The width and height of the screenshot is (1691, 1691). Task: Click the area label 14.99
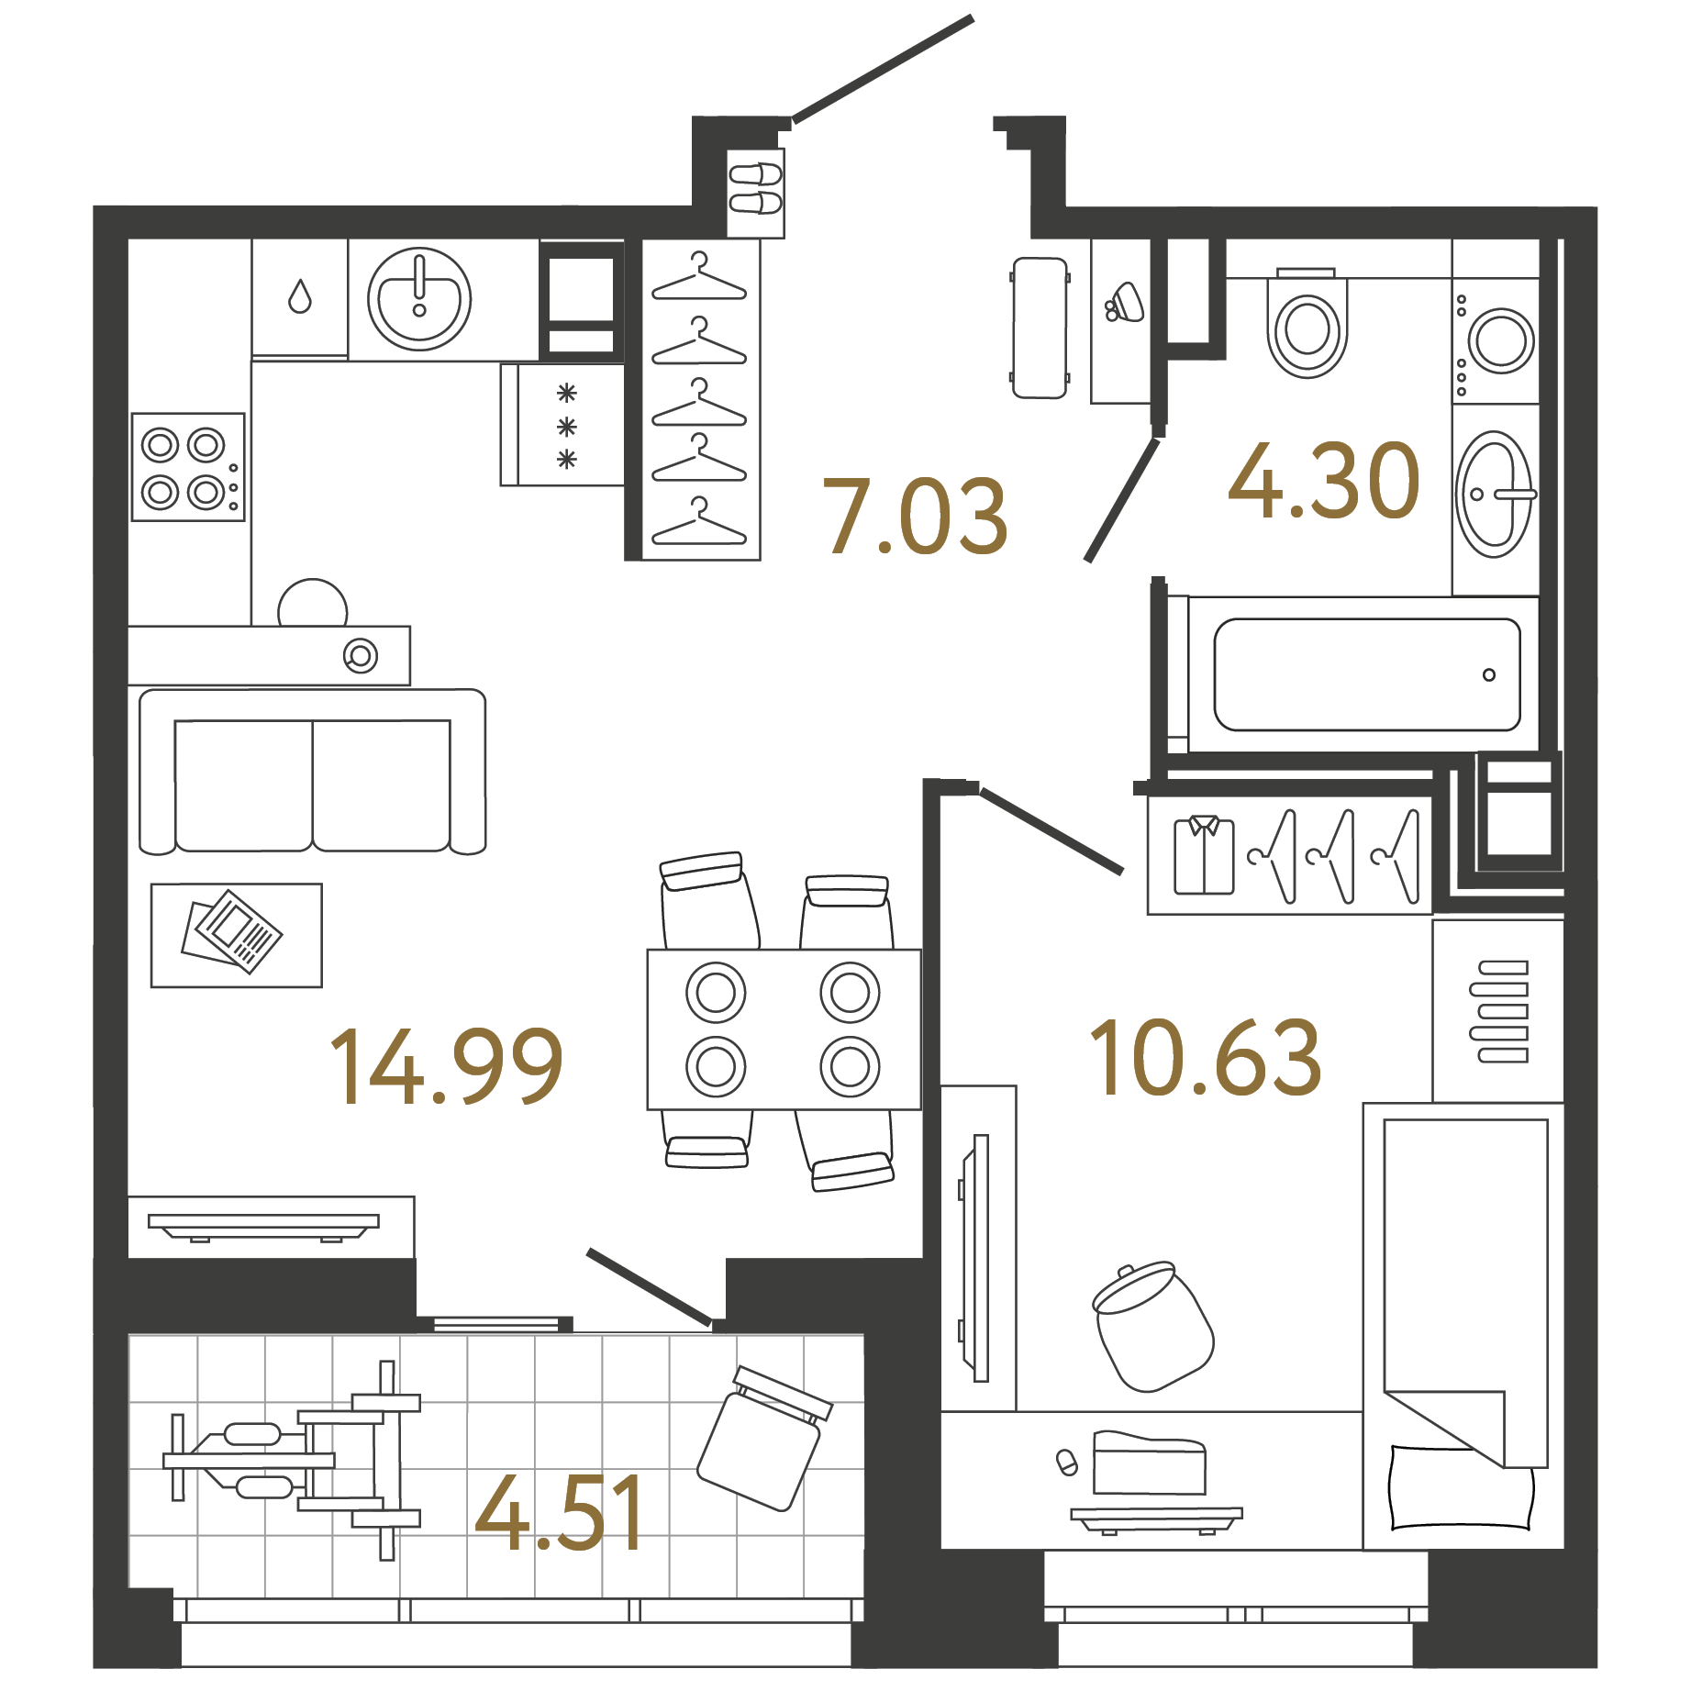(x=446, y=1066)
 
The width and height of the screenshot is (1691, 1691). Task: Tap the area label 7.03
(x=915, y=517)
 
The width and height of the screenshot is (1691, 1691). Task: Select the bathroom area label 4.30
(x=1324, y=481)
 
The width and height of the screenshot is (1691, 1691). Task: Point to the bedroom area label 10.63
(x=1205, y=1059)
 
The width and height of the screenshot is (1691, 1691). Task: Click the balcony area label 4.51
(x=560, y=1514)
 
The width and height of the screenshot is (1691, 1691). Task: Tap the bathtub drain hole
(x=1488, y=674)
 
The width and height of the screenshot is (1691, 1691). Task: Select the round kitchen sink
(x=419, y=299)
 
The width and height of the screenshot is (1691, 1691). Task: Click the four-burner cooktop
(x=188, y=467)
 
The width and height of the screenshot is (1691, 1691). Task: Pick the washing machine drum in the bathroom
(x=1501, y=341)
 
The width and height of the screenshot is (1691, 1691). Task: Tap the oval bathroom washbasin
(x=1494, y=495)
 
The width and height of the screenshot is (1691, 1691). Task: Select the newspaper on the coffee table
(x=232, y=931)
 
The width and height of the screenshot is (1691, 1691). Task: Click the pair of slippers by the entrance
(x=755, y=188)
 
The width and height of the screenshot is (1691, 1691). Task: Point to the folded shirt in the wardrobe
(x=1204, y=855)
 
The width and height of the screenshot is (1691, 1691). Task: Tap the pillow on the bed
(x=1460, y=1487)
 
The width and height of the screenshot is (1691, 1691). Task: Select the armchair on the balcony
(x=762, y=1439)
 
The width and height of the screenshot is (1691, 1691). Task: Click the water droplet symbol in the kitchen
(x=300, y=296)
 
